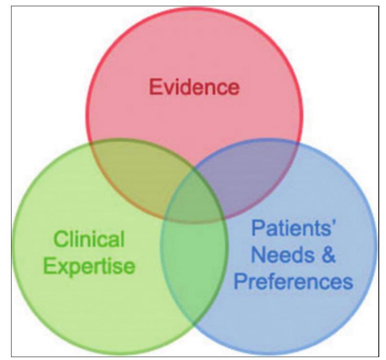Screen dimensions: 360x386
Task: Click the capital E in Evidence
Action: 154,88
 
